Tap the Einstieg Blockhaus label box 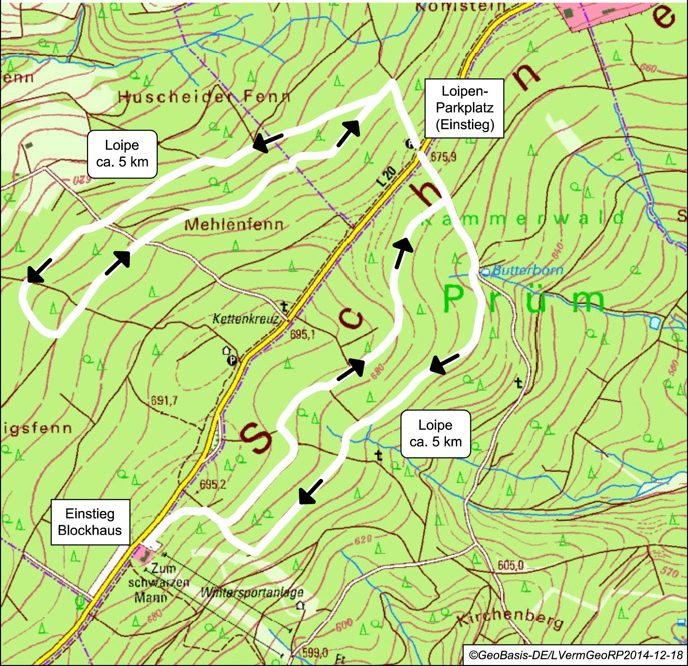[90, 522]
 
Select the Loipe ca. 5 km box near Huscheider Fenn [122, 154]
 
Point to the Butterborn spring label [527, 270]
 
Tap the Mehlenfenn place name [234, 225]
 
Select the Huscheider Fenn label [204, 96]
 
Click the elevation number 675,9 [443, 157]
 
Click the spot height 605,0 [510, 565]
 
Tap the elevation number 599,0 [315, 652]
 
